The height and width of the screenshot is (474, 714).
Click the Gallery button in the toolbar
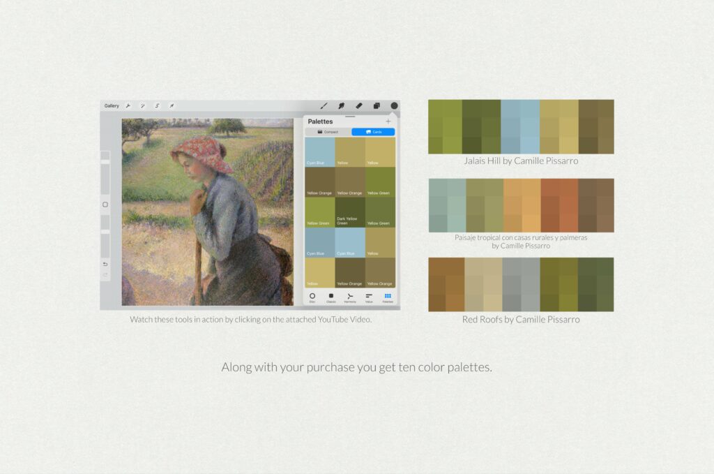tap(112, 106)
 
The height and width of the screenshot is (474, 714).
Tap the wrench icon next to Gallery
tap(128, 106)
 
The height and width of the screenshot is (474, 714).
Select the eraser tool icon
tap(359, 106)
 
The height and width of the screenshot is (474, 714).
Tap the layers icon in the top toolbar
tap(377, 106)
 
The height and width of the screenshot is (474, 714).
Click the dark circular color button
tap(394, 106)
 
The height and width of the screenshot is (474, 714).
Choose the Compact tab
tap(328, 132)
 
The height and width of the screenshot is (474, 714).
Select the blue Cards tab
tap(373, 132)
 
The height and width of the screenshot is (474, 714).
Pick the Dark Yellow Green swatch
tap(350, 212)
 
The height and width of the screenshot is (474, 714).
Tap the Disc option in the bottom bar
tap(312, 297)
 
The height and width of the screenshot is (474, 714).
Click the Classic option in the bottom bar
tap(331, 297)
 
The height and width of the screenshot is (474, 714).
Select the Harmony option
tap(350, 297)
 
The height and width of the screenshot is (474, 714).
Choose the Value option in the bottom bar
tap(369, 297)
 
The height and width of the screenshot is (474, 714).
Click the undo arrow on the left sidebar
tap(105, 264)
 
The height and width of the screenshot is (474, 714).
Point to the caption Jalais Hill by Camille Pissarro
tap(521, 161)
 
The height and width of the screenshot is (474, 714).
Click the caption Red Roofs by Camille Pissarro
tap(521, 320)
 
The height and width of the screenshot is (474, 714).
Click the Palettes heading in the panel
tap(320, 121)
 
